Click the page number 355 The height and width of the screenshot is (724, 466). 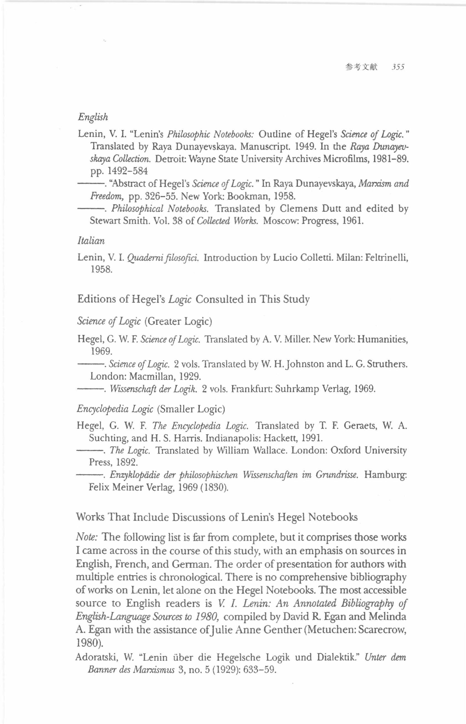397,67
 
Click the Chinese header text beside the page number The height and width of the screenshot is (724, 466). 361,67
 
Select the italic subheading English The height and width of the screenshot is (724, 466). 93,117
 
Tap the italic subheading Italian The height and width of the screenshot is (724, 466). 91,241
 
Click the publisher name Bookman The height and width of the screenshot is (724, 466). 249,196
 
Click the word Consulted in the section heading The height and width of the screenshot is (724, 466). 220,299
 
